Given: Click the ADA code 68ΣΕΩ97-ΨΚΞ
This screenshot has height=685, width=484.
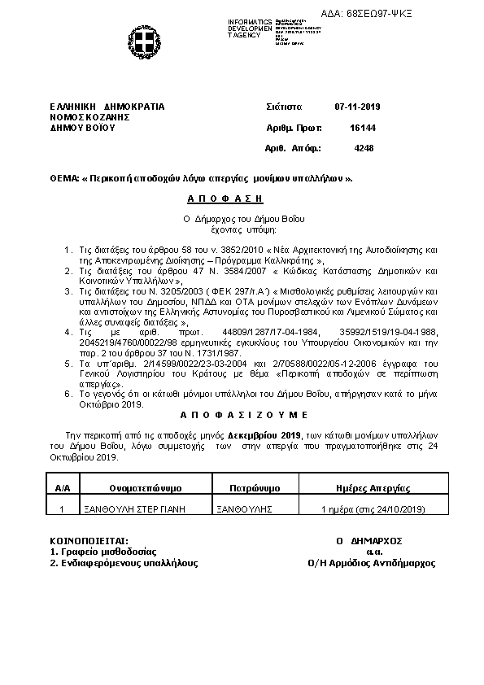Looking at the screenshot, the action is coord(426,14).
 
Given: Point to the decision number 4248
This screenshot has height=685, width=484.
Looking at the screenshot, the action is coord(364,148).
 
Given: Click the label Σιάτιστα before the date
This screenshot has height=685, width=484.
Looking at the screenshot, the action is coord(284,107).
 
